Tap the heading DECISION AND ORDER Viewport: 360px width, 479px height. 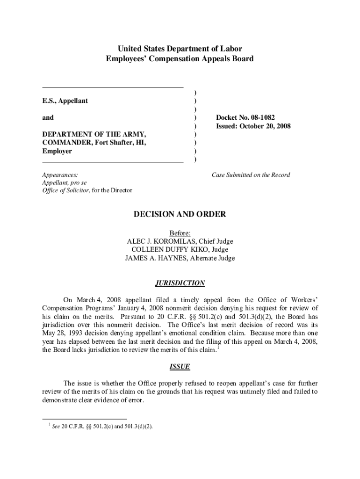[x=180, y=214]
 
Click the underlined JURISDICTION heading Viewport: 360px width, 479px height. [x=180, y=283]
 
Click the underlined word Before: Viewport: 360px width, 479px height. [x=180, y=233]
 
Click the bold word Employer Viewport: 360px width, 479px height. [x=57, y=152]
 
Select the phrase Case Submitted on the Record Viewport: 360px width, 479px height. [x=251, y=175]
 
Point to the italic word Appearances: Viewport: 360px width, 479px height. [x=60, y=175]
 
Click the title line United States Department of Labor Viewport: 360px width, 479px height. [x=180, y=49]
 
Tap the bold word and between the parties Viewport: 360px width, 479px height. [x=48, y=118]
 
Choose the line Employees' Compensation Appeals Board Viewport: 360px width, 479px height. [x=180, y=59]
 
